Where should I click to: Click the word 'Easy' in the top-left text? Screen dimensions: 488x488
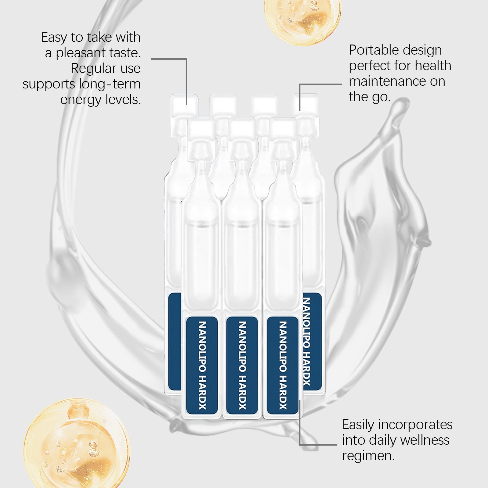click(x=54, y=38)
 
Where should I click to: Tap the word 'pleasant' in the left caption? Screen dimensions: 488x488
click(x=81, y=53)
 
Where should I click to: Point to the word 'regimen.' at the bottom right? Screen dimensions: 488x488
click(x=368, y=456)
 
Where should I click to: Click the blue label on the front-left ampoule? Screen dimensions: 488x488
click(x=202, y=365)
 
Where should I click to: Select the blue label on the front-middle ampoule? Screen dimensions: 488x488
click(x=242, y=365)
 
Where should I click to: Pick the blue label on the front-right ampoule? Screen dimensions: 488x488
click(x=283, y=365)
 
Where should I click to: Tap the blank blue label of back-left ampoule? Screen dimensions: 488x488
click(x=174, y=342)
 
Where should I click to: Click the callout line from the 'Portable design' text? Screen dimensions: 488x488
click(x=320, y=84)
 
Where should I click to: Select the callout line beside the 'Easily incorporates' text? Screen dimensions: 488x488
click(x=317, y=444)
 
